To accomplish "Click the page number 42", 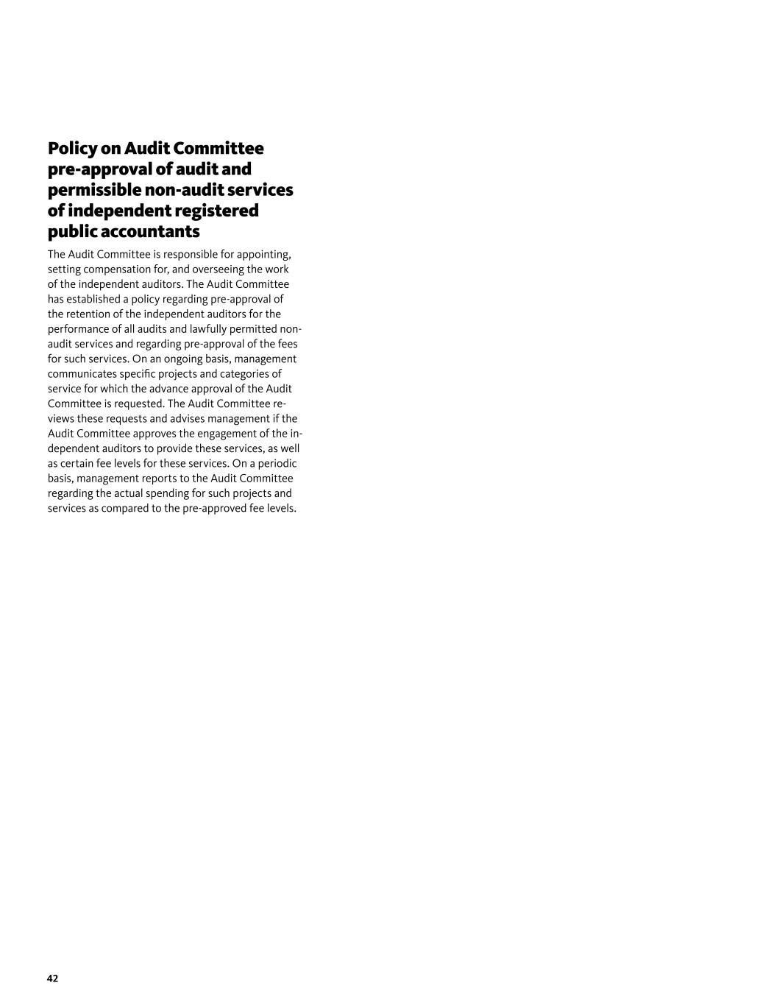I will (52, 978).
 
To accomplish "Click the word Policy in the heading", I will (72, 149).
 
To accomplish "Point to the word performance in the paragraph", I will (78, 329).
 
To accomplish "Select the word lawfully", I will (208, 329).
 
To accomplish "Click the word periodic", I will (277, 464).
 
